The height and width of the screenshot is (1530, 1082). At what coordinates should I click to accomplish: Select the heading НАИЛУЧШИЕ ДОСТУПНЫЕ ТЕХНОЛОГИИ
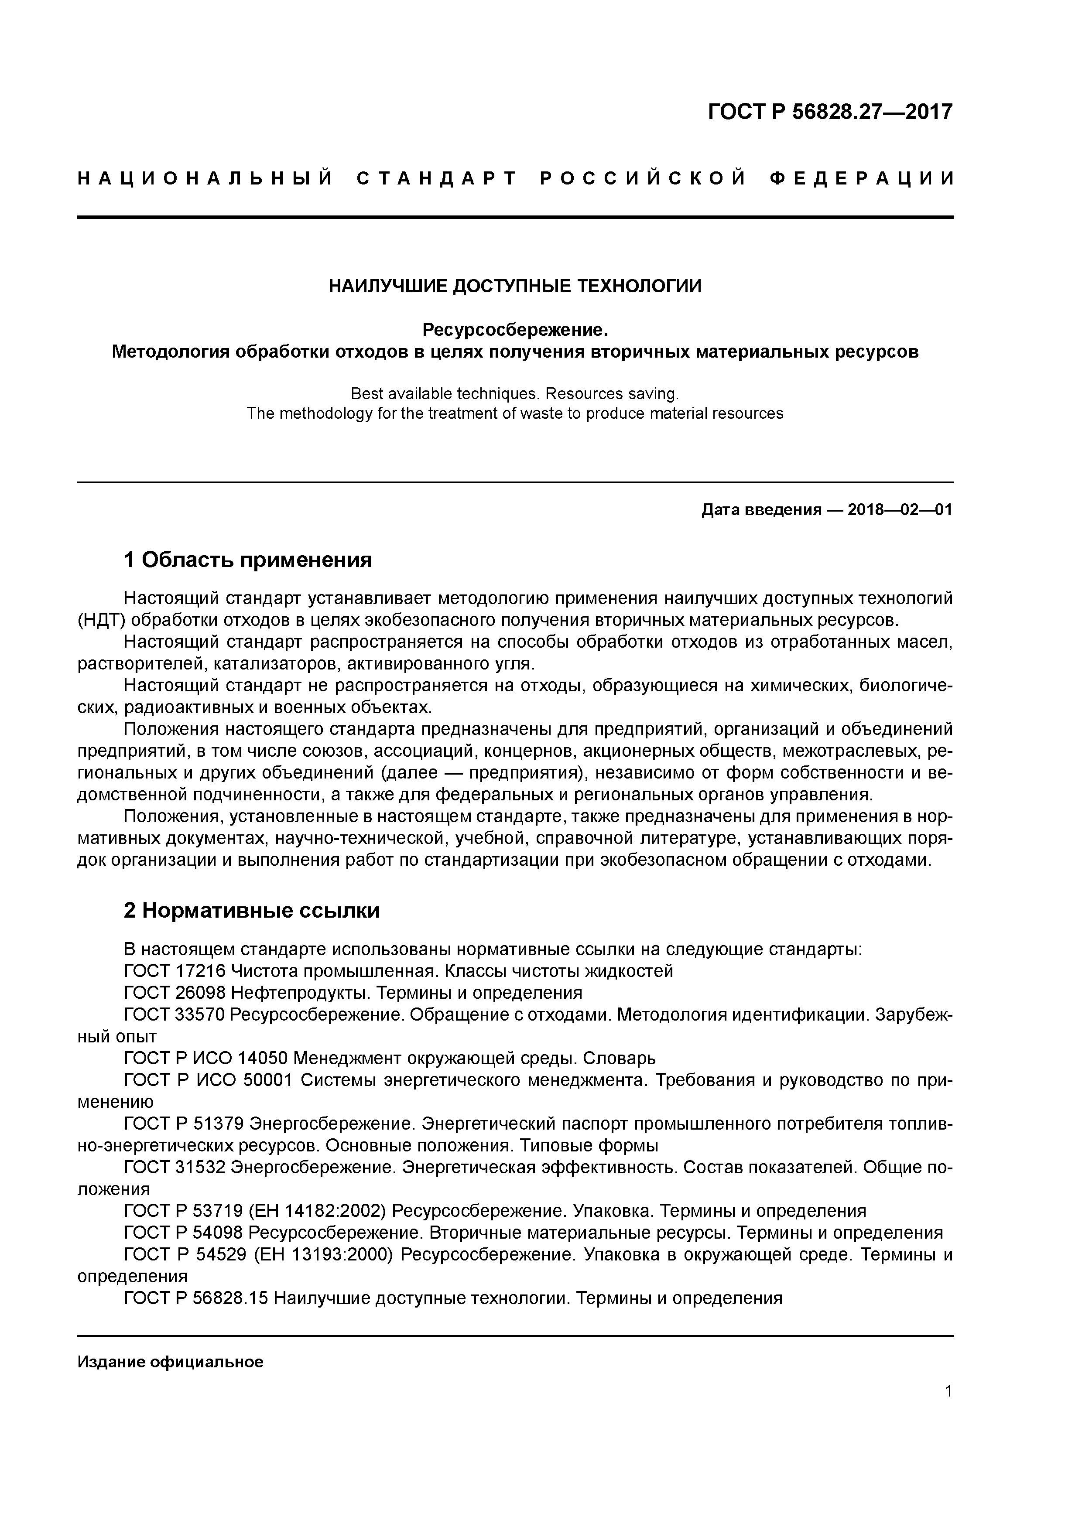click(x=515, y=287)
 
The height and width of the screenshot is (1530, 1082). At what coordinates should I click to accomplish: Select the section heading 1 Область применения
click(x=247, y=560)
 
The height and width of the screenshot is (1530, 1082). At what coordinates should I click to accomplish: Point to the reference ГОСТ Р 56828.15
click(x=195, y=1298)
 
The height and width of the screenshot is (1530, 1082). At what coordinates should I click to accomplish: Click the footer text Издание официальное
click(x=170, y=1362)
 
